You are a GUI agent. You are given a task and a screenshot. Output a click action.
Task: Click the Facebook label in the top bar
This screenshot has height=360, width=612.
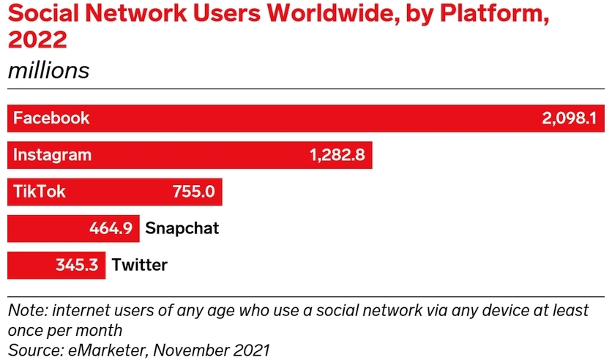click(51, 118)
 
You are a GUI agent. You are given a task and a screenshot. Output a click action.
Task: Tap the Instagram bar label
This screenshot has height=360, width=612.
click(53, 154)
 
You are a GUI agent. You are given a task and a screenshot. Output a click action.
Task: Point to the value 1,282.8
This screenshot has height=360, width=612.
click(337, 154)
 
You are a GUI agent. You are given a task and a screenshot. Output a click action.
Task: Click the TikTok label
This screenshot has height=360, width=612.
click(40, 192)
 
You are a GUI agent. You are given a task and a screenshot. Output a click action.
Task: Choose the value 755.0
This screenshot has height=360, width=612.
click(193, 192)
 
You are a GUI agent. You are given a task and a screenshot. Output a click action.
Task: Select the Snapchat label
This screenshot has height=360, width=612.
click(182, 228)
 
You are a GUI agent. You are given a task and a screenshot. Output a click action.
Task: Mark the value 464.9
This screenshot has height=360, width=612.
click(111, 228)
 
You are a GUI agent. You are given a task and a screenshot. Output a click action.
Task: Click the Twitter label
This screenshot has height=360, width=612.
click(140, 265)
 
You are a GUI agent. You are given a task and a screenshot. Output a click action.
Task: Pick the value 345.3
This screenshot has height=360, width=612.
click(77, 265)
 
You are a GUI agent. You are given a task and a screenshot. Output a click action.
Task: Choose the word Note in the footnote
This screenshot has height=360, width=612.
click(24, 310)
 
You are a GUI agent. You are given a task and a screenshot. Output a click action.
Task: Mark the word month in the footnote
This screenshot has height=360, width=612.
click(98, 330)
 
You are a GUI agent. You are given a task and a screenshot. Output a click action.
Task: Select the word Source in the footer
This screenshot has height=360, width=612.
click(31, 350)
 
